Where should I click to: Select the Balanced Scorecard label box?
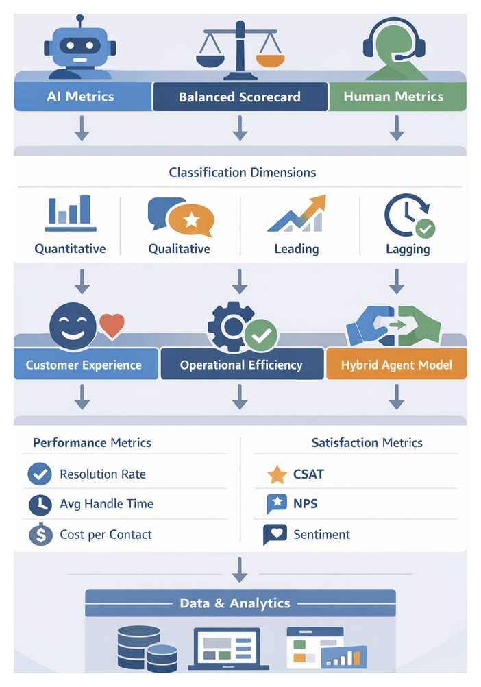[x=239, y=97]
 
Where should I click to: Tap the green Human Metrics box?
[x=394, y=97]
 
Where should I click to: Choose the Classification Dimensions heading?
[x=243, y=172]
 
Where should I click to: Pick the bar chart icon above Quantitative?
[x=70, y=213]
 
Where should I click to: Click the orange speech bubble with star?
[x=191, y=220]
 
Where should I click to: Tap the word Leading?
[x=296, y=248]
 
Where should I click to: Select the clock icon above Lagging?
[x=408, y=215]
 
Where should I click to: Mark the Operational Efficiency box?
[x=241, y=365]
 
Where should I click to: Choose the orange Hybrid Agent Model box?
[x=396, y=365]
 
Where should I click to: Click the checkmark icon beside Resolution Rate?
[x=40, y=474]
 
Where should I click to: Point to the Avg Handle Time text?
[x=106, y=504]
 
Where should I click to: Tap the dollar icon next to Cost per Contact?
[x=40, y=535]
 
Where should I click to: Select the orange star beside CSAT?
[x=277, y=474]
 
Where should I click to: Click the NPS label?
[x=306, y=504]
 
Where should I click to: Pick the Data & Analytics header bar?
[x=240, y=603]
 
